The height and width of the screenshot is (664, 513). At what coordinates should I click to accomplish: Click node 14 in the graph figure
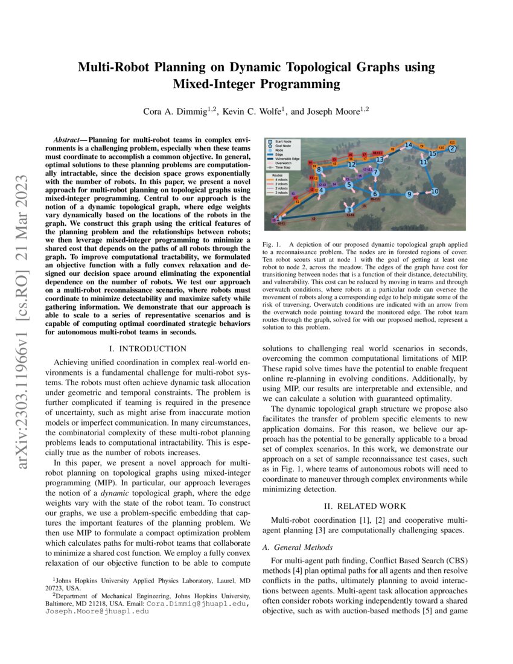tap(409, 145)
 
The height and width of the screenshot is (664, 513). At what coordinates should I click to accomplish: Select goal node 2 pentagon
tap(453, 148)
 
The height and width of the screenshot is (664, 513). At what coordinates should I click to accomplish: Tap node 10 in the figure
tap(434, 191)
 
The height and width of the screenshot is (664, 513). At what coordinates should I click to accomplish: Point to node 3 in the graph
tap(349, 210)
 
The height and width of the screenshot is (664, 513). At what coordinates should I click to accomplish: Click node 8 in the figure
tap(319, 169)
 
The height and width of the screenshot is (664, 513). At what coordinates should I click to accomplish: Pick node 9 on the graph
tap(409, 194)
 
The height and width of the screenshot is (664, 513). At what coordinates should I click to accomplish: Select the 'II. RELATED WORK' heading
tap(365, 506)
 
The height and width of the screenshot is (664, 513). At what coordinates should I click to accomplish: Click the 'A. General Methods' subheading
tap(297, 547)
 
